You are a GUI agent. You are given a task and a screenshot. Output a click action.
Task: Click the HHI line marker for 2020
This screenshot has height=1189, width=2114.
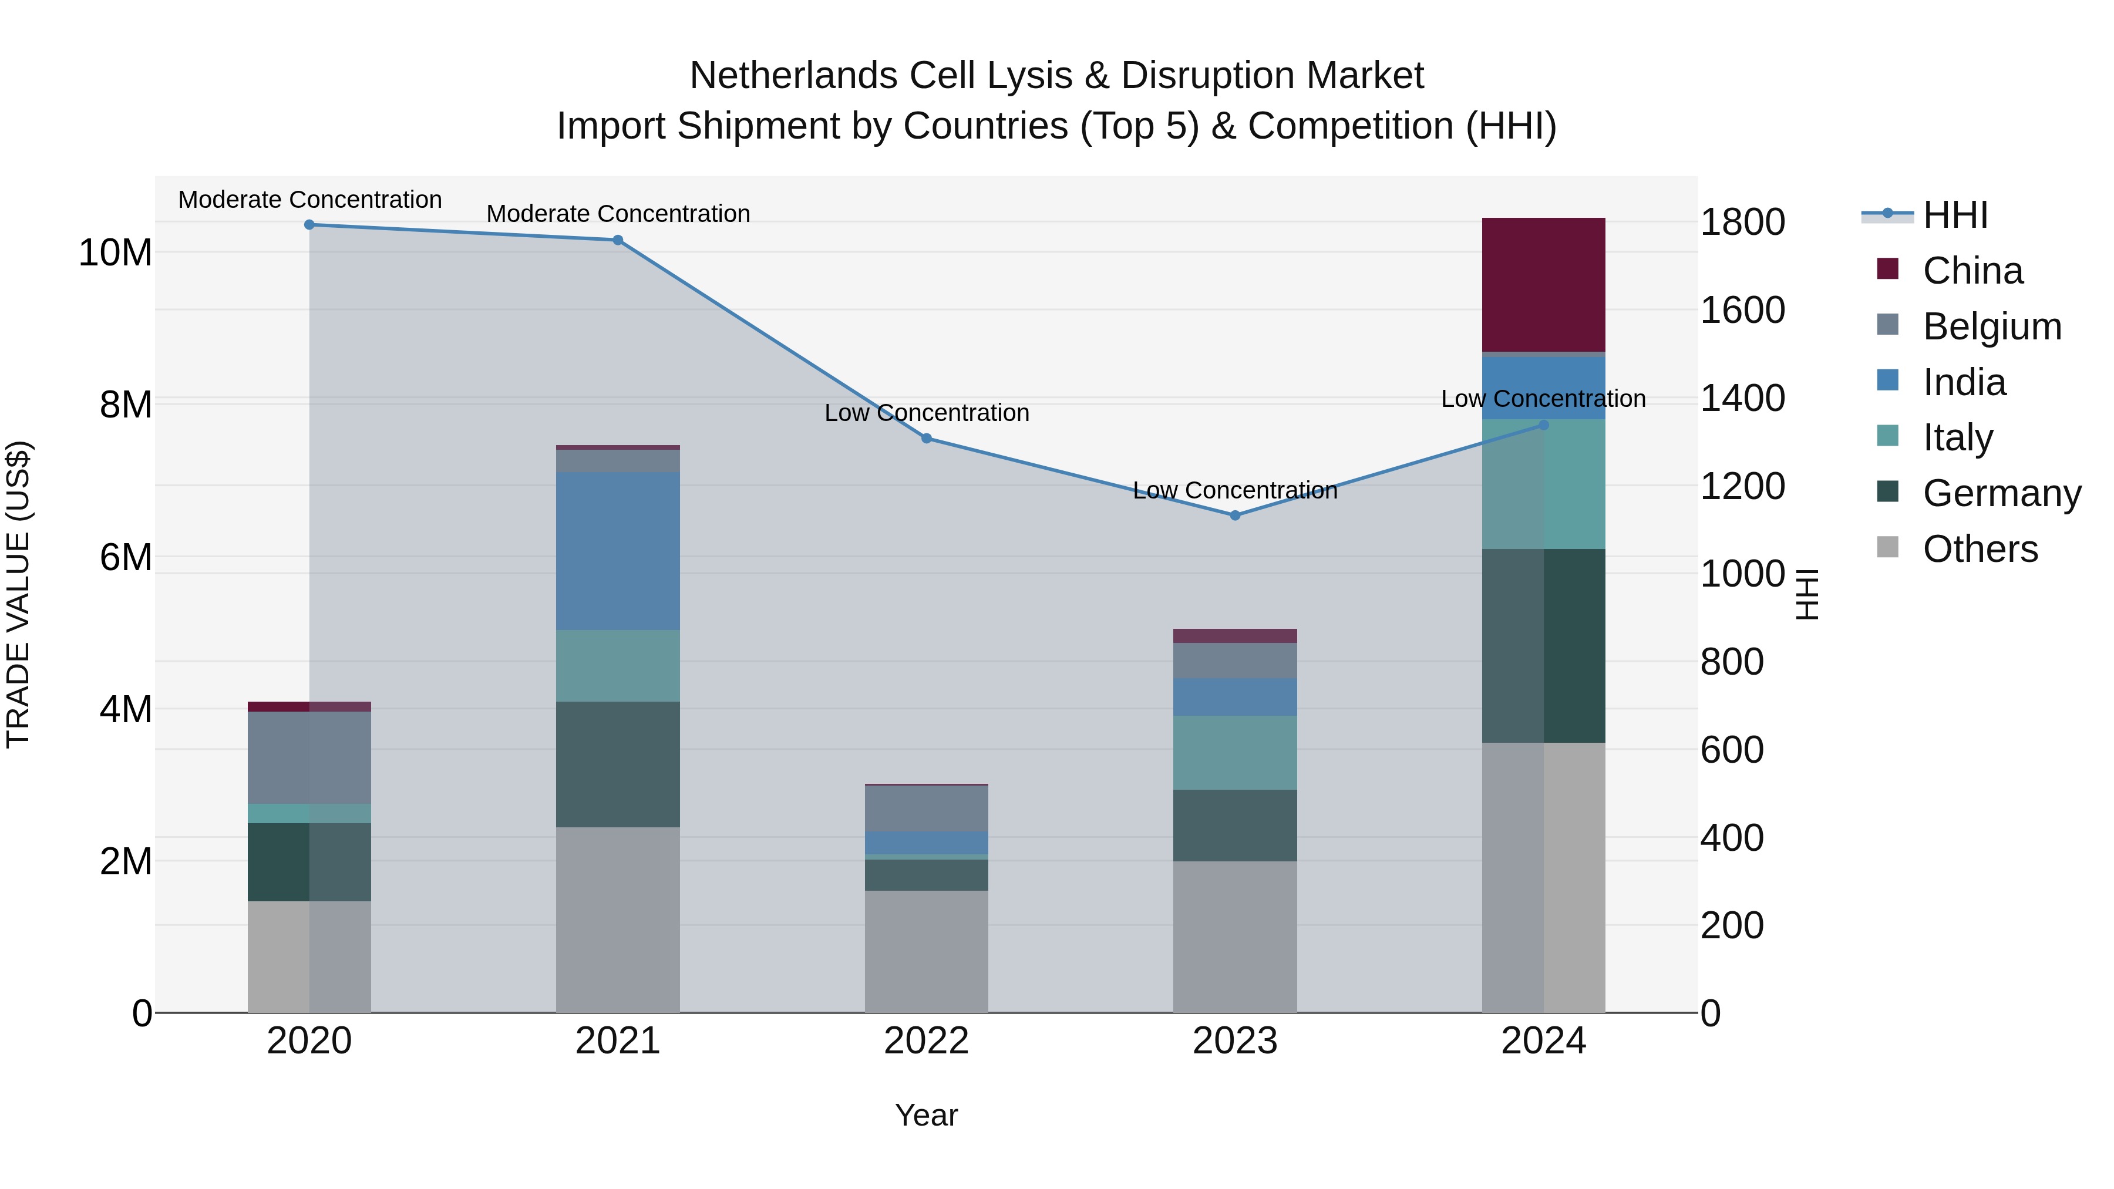[309, 225]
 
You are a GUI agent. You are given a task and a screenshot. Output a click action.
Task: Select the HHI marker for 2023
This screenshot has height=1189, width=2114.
[1235, 516]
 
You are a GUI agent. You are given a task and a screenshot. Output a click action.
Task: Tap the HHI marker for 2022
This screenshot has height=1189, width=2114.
[927, 438]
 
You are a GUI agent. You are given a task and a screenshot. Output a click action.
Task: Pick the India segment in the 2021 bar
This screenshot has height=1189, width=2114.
[618, 551]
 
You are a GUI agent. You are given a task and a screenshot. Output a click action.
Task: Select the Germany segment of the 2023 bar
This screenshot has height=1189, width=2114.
[1235, 825]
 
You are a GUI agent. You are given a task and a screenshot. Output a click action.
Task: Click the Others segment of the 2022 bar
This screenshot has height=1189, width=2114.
[927, 951]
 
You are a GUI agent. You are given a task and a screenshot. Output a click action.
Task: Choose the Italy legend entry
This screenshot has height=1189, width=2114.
[1957, 437]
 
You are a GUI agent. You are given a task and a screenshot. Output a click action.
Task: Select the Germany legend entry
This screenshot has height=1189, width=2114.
[2001, 493]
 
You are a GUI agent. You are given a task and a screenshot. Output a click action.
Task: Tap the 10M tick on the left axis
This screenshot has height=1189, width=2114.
[115, 252]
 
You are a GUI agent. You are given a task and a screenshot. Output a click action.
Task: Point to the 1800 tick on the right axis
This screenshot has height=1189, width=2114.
[1742, 223]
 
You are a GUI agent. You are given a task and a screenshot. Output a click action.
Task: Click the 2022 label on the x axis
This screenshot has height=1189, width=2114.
[927, 1041]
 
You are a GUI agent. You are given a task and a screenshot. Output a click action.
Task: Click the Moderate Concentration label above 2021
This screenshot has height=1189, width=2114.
[618, 213]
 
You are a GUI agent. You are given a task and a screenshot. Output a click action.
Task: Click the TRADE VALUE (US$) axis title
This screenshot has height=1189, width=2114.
[18, 594]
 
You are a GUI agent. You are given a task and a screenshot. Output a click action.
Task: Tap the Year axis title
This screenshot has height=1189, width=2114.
[927, 1115]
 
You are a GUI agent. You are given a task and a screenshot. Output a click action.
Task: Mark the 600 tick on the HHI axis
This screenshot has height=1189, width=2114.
[1732, 750]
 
